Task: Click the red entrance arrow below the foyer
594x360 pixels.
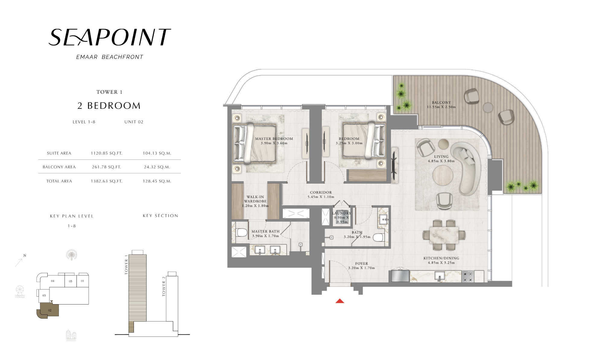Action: pos(340,301)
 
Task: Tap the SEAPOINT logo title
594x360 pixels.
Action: pos(110,37)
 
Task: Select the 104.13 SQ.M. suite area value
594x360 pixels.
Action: pos(157,153)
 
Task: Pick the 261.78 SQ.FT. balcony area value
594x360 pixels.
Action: pos(106,167)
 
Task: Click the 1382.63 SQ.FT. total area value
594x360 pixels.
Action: pos(106,181)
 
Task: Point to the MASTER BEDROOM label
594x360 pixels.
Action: pos(274,139)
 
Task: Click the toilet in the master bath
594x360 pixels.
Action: pos(242,232)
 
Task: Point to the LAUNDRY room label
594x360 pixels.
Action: pos(342,213)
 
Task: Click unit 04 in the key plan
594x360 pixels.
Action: pos(52,281)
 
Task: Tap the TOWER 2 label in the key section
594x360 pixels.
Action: pos(164,286)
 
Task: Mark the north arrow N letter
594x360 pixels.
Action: pos(25,255)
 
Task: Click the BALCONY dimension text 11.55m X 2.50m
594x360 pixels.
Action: pos(441,107)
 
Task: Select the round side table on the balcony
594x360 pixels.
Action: pos(488,108)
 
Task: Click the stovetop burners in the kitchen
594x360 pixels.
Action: pos(468,277)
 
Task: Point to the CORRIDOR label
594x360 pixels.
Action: pos(321,192)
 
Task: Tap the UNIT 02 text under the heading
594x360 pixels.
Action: pos(134,122)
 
